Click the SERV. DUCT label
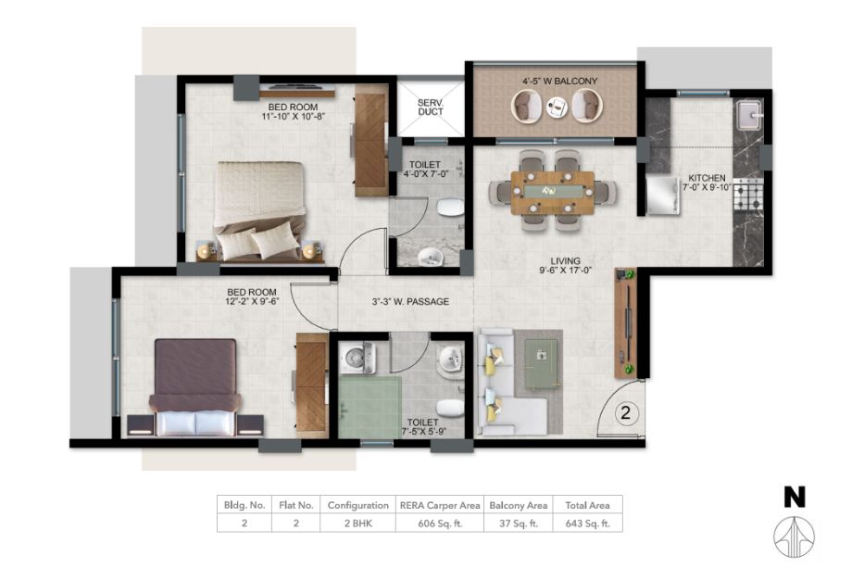(431, 107)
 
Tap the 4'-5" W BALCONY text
(559, 81)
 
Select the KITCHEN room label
(707, 178)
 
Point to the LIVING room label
(565, 261)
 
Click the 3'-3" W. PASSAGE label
(410, 302)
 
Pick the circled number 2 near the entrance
(625, 413)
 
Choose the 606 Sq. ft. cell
(440, 524)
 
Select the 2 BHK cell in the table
(358, 524)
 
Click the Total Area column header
(587, 505)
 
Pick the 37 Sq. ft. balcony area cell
(519, 524)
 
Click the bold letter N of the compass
(795, 498)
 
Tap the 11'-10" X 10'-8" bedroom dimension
(293, 116)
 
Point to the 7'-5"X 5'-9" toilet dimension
(422, 432)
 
